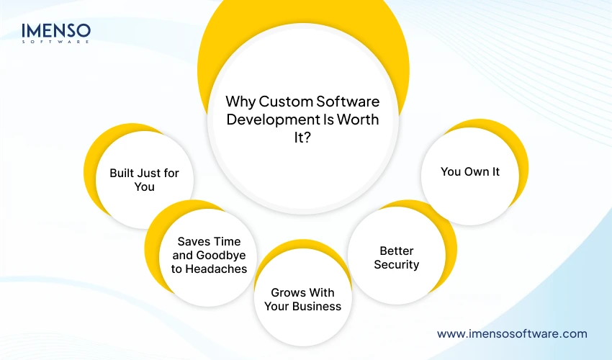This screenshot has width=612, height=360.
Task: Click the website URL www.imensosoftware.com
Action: click(x=512, y=333)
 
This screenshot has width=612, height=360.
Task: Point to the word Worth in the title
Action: click(x=358, y=120)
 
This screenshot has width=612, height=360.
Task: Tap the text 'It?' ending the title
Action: click(x=302, y=138)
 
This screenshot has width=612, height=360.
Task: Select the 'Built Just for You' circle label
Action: click(x=144, y=180)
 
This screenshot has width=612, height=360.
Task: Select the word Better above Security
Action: click(x=396, y=251)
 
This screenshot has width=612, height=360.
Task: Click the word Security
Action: click(x=396, y=264)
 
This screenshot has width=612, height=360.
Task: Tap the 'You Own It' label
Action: click(x=469, y=172)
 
